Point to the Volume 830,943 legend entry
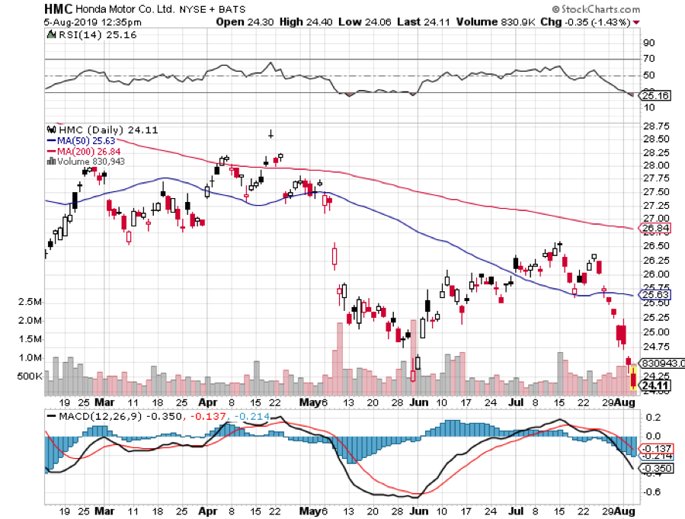[x=90, y=161]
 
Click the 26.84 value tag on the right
[x=655, y=228]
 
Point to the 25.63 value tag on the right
[x=655, y=294]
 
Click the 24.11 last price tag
[x=655, y=386]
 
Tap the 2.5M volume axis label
[x=29, y=303]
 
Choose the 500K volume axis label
[x=29, y=376]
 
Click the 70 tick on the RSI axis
[x=649, y=59]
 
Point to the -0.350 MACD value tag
[x=658, y=469]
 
